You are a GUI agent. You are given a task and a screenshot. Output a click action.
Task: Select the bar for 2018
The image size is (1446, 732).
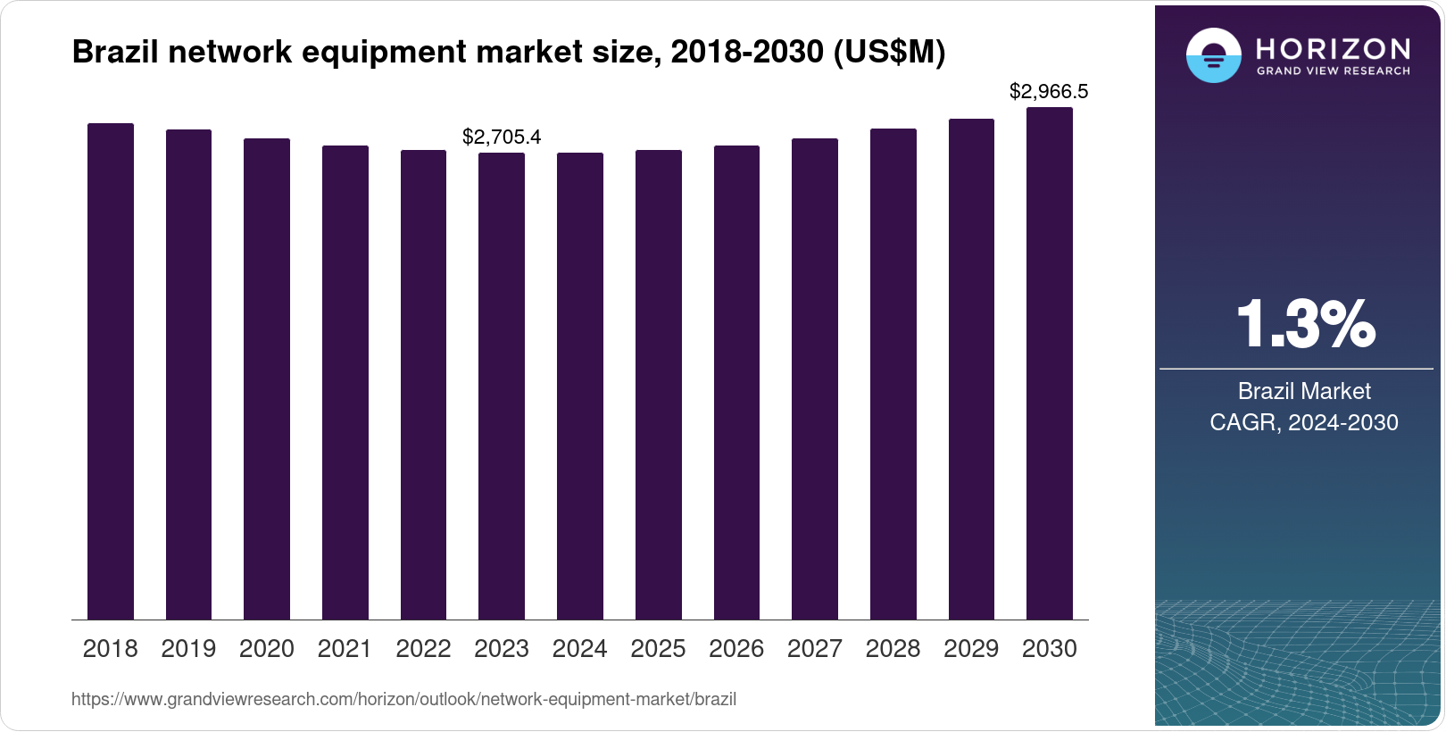(x=111, y=371)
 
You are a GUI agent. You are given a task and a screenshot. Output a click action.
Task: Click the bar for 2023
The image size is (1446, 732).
(x=502, y=386)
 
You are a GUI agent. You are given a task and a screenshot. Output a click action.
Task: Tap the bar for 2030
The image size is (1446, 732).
(x=1050, y=363)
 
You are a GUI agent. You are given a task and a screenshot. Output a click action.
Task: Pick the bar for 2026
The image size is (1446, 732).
(x=736, y=382)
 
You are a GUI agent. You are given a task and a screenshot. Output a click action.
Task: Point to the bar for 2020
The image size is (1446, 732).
(x=267, y=378)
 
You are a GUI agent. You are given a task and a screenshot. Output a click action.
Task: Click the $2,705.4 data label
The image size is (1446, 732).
(x=502, y=137)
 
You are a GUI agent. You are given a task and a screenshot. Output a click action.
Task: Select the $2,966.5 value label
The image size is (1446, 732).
(x=1049, y=91)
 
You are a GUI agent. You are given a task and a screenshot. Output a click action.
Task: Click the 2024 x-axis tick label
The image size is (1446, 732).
(x=579, y=649)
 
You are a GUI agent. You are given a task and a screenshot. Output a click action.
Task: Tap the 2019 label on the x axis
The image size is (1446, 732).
(x=188, y=649)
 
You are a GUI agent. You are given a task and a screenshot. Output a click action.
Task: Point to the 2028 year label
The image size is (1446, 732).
(x=893, y=649)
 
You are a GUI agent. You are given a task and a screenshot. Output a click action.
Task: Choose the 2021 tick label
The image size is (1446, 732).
(x=345, y=649)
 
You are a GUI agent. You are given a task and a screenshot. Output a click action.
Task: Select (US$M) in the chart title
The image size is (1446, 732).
(x=889, y=52)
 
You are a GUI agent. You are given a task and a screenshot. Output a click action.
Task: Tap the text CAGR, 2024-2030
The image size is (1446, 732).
(x=1303, y=422)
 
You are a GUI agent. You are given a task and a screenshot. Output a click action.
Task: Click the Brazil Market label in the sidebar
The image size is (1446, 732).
(x=1303, y=391)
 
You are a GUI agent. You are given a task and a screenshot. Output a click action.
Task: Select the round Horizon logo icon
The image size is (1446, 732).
(x=1213, y=55)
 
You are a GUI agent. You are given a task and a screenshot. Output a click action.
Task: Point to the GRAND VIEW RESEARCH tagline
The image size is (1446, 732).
(x=1333, y=71)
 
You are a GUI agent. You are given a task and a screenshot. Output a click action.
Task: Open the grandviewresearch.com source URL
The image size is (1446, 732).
(x=403, y=699)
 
